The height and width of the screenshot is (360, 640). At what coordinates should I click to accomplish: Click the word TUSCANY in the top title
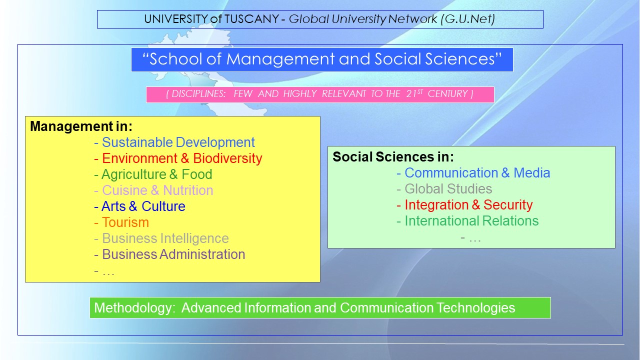point(251,19)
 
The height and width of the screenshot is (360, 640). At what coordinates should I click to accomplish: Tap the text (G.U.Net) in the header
point(467,19)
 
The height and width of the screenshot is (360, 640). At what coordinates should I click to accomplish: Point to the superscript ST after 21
point(420,91)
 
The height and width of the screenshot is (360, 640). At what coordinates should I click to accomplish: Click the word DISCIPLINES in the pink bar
point(198,93)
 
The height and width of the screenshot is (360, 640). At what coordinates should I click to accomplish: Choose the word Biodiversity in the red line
point(227,158)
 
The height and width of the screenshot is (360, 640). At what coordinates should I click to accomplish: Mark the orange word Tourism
point(125,222)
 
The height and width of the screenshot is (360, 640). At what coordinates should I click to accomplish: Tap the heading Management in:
point(81,126)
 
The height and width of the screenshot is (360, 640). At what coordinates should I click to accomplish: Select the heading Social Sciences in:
point(393,156)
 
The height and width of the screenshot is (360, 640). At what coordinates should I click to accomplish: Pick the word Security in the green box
point(508,205)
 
